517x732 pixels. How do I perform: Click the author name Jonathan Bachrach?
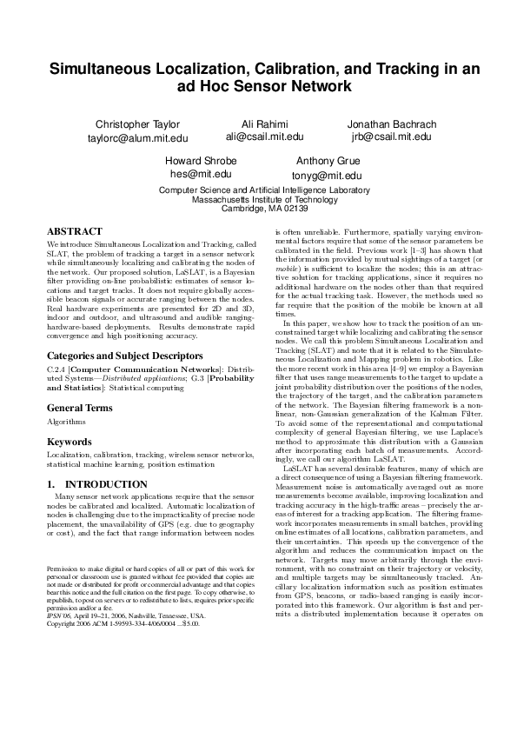391,124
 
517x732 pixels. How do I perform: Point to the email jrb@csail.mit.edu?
391,136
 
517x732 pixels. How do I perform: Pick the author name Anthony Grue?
328,162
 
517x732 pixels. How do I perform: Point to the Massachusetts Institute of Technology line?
258,199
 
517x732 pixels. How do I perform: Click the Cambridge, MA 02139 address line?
258,209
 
